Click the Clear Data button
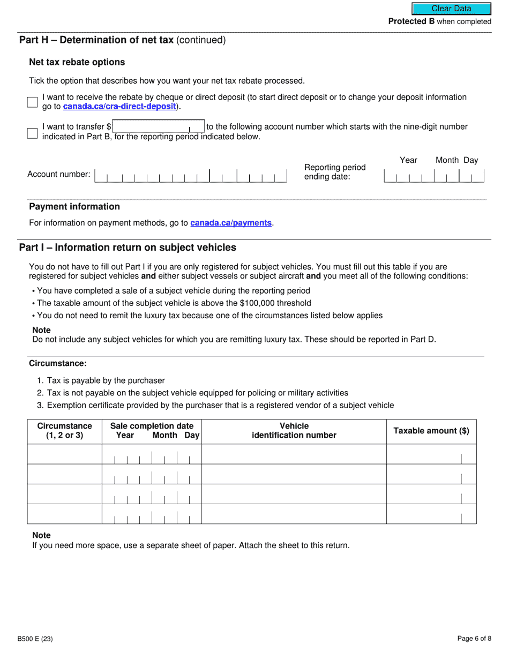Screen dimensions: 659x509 pyautogui.click(x=451, y=9)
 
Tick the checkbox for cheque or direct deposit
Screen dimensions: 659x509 pyautogui.click(x=32, y=102)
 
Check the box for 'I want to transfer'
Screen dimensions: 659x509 pyautogui.click(x=32, y=133)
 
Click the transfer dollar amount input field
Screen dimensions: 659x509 pyautogui.click(x=158, y=127)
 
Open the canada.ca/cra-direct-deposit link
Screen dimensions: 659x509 pyautogui.click(x=119, y=107)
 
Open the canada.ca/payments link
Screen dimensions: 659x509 pyautogui.click(x=231, y=223)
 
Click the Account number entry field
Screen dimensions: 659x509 pyautogui.click(x=191, y=176)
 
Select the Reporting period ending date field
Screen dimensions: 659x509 pyautogui.click(x=433, y=176)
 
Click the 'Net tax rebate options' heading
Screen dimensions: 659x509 pyautogui.click(x=77, y=62)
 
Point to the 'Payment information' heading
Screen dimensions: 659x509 pyautogui.click(x=74, y=207)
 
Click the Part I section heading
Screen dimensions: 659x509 pyautogui.click(x=128, y=248)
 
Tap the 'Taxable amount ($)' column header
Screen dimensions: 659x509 pyautogui.click(x=431, y=431)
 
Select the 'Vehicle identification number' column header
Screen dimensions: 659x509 pyautogui.click(x=294, y=431)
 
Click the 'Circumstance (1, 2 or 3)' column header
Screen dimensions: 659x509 pyautogui.click(x=64, y=431)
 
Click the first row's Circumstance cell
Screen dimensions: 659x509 pyautogui.click(x=64, y=454)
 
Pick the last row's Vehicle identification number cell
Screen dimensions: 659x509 pyautogui.click(x=294, y=514)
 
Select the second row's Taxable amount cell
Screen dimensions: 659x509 pyautogui.click(x=431, y=474)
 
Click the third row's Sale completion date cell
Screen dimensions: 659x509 pyautogui.click(x=152, y=495)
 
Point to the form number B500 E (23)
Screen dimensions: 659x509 pyautogui.click(x=35, y=639)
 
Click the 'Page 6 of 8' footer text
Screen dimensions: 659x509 pyautogui.click(x=474, y=639)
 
